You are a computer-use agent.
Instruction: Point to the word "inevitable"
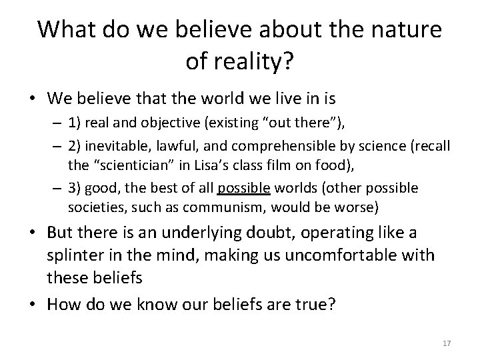111,146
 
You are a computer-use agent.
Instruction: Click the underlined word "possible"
241,189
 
